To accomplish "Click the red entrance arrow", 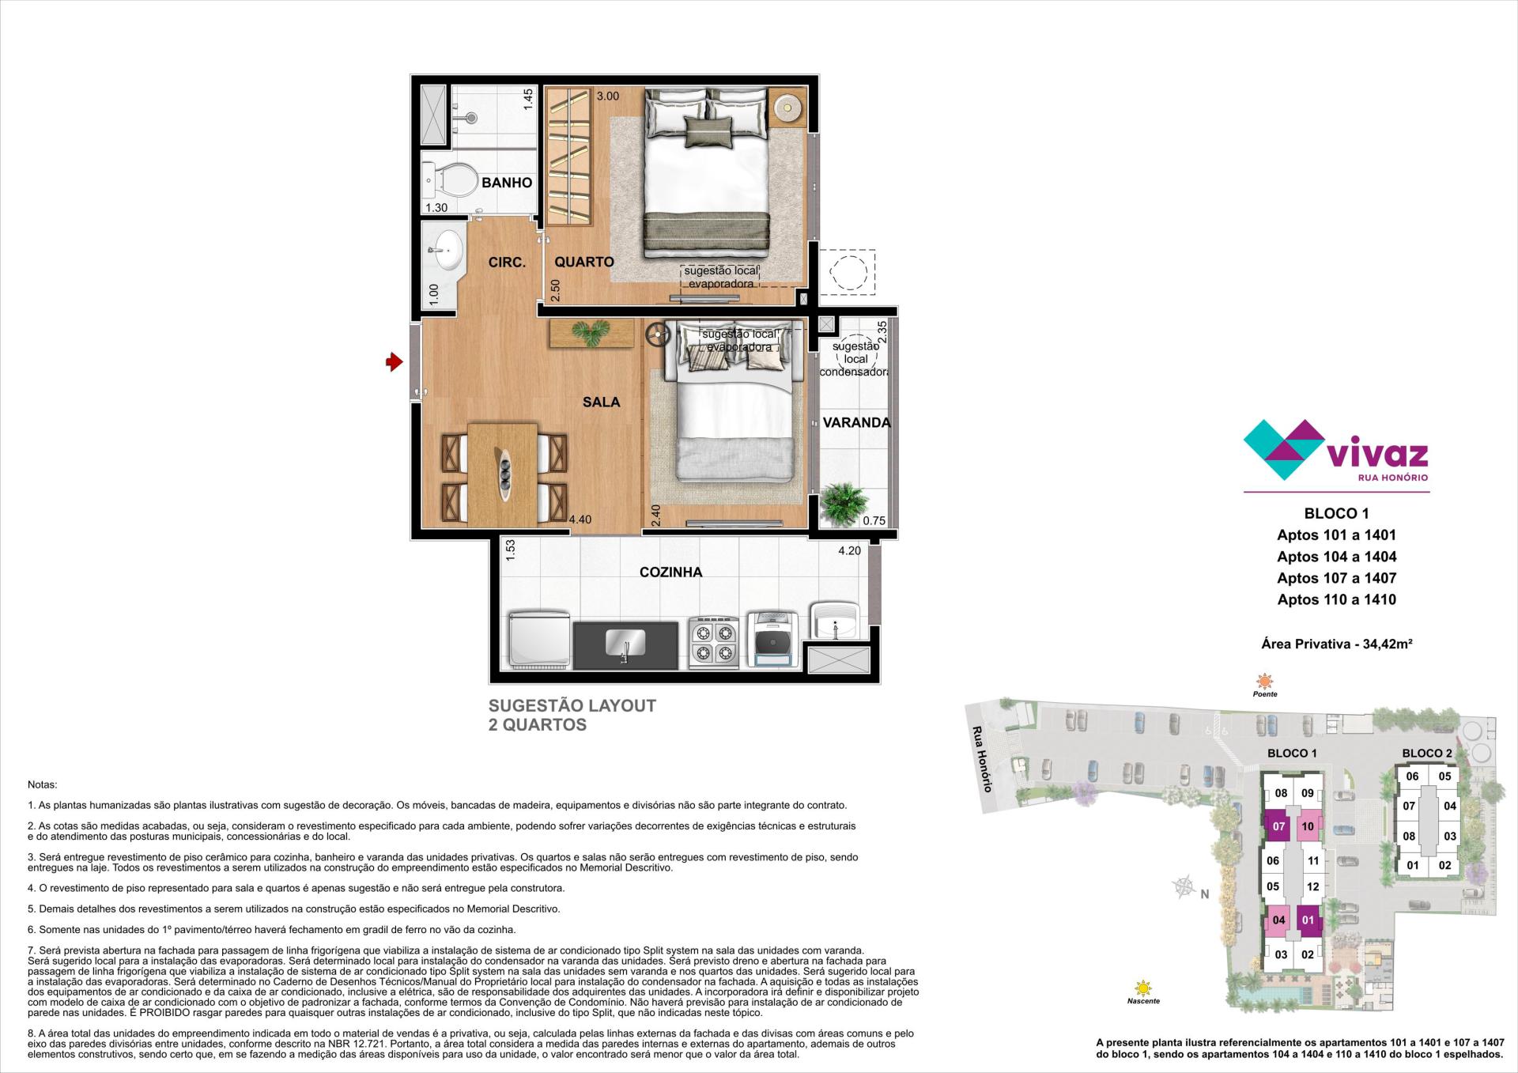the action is click(394, 363).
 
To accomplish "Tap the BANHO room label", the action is click(507, 183).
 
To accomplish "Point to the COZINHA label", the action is click(670, 572).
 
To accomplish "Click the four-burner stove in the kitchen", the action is click(714, 640).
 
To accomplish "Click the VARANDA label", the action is click(856, 422).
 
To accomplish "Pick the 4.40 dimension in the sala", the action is click(580, 520).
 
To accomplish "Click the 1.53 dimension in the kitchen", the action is click(510, 551).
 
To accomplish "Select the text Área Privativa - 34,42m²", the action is click(1337, 644).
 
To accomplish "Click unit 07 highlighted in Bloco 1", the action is click(1278, 827).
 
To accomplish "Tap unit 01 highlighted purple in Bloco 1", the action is click(1308, 920).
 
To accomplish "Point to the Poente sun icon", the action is click(1265, 681).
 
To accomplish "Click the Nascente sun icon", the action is click(1142, 988).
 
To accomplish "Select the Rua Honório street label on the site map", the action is click(981, 759).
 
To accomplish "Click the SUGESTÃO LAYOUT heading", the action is click(572, 705).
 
